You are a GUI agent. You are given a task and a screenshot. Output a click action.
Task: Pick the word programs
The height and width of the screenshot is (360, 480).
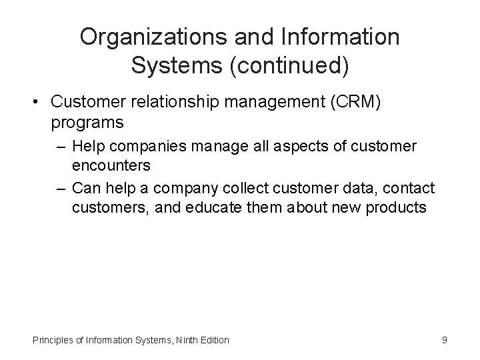click(x=87, y=123)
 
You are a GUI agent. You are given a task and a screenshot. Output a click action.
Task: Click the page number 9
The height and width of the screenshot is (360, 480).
click(x=445, y=340)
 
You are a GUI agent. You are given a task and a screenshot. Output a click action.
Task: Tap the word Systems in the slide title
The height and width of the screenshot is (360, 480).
click(x=172, y=65)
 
